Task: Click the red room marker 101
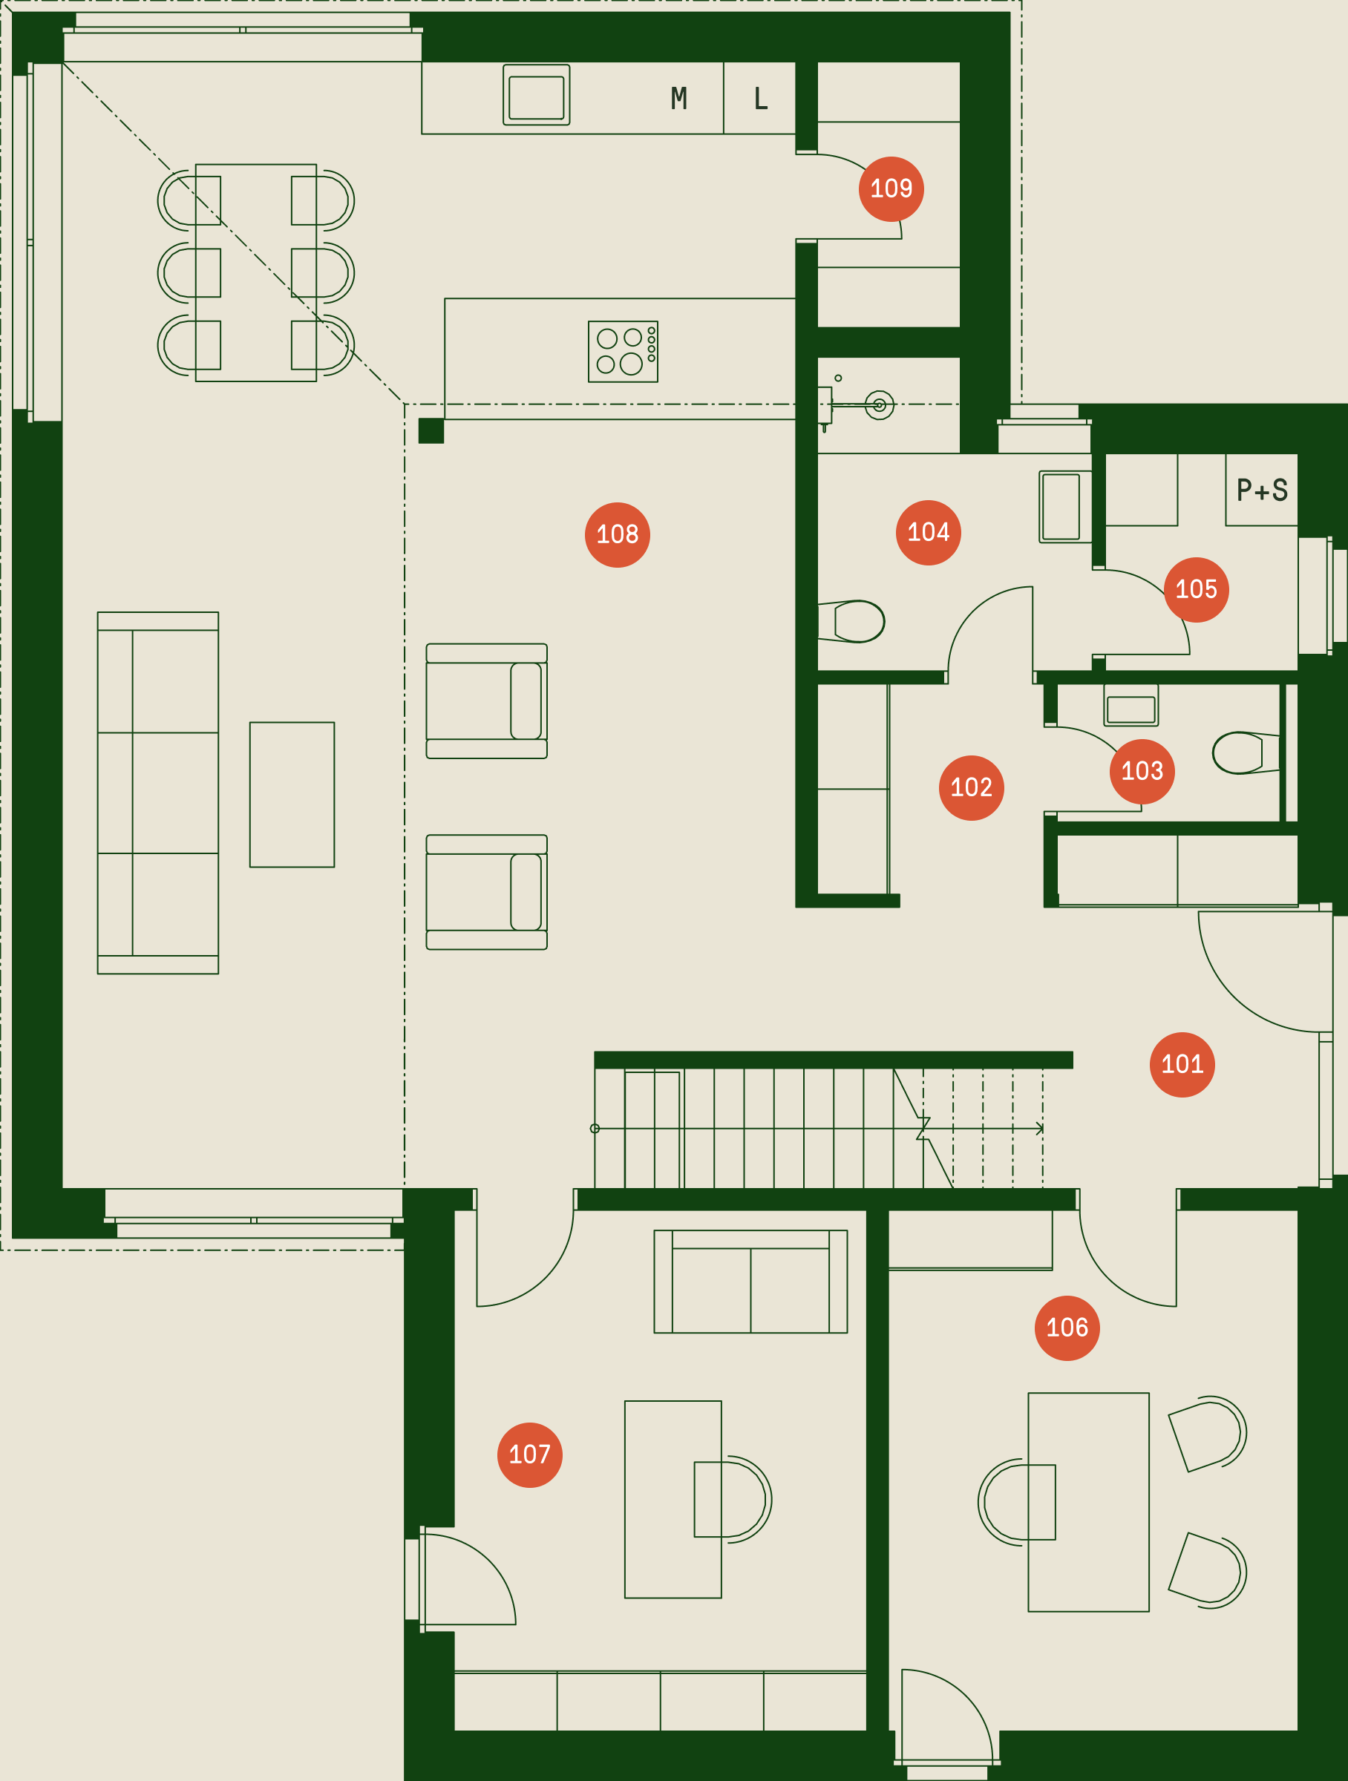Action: point(1182,1064)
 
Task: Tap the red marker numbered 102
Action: point(971,787)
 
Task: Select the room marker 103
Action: point(1142,771)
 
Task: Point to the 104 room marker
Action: point(928,532)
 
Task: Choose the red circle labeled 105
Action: point(1196,589)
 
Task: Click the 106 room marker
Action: point(1067,1328)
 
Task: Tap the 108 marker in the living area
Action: point(617,534)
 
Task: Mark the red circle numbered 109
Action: point(891,188)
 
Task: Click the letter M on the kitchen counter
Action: point(679,98)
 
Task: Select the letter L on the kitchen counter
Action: point(760,98)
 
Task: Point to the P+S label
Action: point(1262,490)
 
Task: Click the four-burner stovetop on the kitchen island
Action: point(623,351)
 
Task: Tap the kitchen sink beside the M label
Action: point(536,94)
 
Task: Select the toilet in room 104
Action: point(851,621)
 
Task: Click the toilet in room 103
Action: point(1246,752)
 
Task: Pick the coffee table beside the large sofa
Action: point(292,794)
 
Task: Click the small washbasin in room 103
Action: point(1131,706)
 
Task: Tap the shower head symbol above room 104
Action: point(880,405)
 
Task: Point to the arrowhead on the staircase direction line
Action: point(1040,1129)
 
